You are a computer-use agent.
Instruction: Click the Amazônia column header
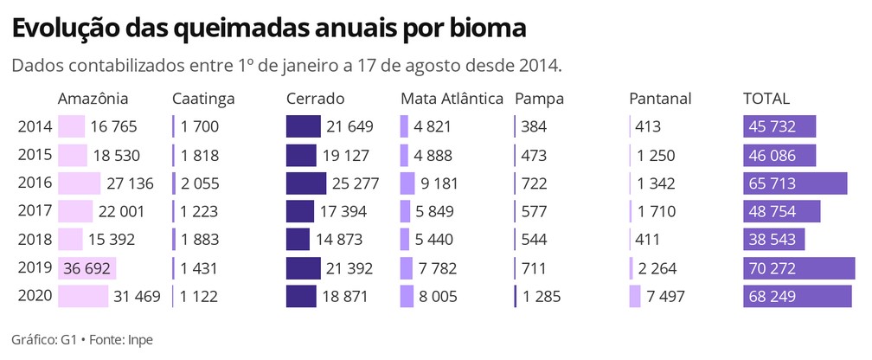[x=93, y=99]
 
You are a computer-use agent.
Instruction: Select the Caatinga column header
[x=203, y=99]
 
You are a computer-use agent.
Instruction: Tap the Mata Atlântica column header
[x=452, y=99]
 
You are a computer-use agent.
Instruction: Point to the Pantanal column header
[x=660, y=99]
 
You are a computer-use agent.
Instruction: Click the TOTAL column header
[x=766, y=99]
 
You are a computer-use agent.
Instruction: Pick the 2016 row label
[x=35, y=183]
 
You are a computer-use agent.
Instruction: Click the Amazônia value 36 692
[x=85, y=268]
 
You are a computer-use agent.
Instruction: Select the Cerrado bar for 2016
[x=306, y=183]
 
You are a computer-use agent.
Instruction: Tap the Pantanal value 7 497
[x=665, y=297]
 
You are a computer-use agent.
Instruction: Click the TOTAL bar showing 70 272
[x=798, y=268]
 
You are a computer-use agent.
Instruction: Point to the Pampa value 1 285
[x=541, y=297]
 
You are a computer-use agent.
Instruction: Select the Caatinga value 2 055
[x=200, y=183]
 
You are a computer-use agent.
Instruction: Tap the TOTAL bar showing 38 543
[x=774, y=240]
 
